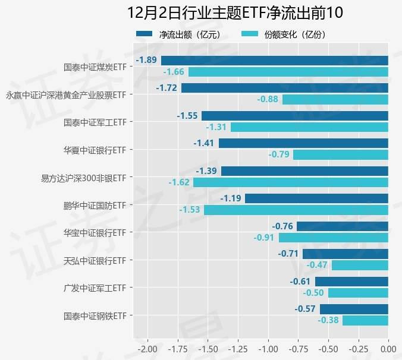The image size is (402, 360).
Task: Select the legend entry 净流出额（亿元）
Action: [x=179, y=34]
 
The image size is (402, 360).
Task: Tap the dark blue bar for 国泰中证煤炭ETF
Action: [x=274, y=60]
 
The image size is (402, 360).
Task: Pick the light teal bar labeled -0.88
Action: [x=335, y=99]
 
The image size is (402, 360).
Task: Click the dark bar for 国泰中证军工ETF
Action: [x=294, y=116]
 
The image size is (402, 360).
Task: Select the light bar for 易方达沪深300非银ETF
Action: [x=290, y=182]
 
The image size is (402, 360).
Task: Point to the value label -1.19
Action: [x=231, y=198]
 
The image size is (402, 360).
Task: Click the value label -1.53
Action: [x=190, y=210]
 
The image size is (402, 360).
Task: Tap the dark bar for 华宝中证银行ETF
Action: [x=342, y=226]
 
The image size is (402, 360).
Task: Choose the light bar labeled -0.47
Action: [x=359, y=265]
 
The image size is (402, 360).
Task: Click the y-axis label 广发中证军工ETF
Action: [x=95, y=288]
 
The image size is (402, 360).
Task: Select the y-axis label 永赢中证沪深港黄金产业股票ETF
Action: [x=65, y=94]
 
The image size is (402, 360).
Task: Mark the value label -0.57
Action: [x=306, y=309]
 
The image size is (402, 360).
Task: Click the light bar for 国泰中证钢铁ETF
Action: [x=365, y=320]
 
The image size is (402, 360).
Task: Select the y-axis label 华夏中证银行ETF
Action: [x=95, y=150]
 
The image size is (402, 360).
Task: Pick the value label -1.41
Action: [x=205, y=143]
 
